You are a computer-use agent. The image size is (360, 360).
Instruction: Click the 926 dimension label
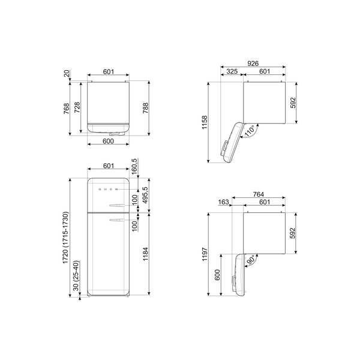coord(254,63)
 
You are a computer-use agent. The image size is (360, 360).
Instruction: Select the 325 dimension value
coord(232,72)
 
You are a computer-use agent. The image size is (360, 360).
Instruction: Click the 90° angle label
coord(250,259)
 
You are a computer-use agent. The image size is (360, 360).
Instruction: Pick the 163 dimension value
coord(224,203)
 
